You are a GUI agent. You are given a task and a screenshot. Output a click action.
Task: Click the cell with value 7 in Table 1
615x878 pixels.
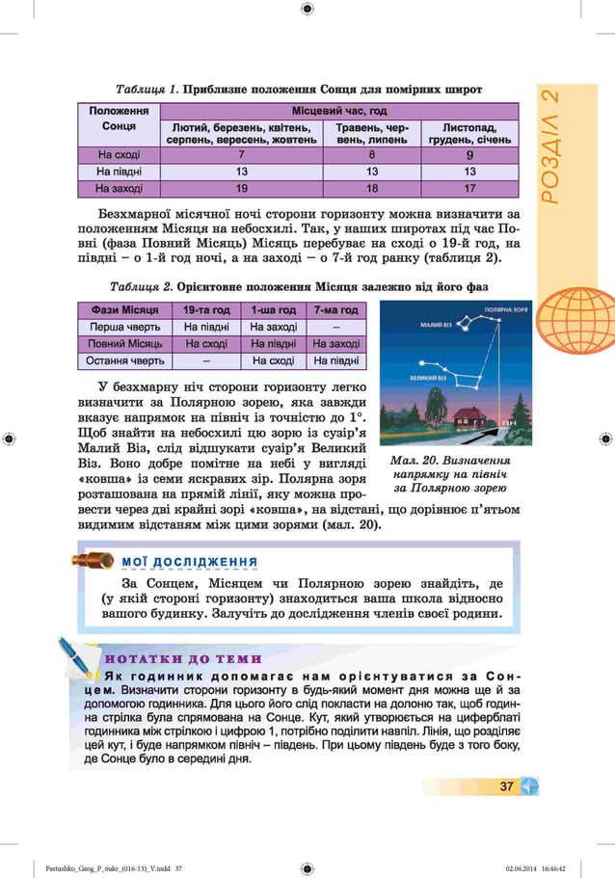[x=240, y=153]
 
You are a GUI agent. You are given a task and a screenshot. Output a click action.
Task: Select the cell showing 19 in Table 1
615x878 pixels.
[x=240, y=188]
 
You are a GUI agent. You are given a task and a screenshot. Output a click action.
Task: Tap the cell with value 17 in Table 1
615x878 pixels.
[x=469, y=188]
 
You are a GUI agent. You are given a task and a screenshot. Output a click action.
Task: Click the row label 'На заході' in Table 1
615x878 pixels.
[x=119, y=188]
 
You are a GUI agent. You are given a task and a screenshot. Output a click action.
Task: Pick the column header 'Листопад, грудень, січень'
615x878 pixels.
[x=469, y=133]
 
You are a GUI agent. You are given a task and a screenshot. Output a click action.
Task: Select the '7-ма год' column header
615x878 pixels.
[x=335, y=309]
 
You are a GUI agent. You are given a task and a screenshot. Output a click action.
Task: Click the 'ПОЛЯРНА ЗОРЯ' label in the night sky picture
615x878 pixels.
[x=505, y=310]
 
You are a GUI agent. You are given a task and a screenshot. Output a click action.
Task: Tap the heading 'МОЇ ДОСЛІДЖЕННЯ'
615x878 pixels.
[x=188, y=561]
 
